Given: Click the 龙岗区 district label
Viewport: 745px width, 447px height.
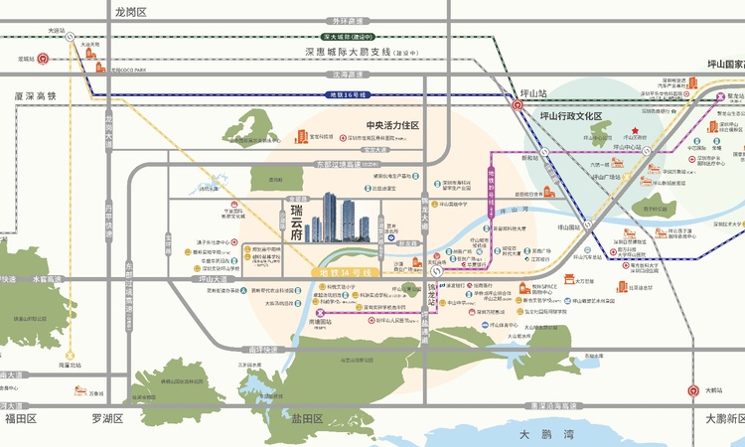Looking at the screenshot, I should coord(130,12).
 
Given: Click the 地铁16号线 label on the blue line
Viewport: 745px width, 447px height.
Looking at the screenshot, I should coord(347,94).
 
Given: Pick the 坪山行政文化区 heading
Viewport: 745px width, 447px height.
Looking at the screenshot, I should coord(571,116).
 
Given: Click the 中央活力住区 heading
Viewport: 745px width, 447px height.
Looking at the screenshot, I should coord(393,125).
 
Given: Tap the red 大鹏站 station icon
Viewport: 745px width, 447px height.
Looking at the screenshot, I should coord(693,390).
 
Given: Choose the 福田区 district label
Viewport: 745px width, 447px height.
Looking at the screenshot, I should coord(20,418).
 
